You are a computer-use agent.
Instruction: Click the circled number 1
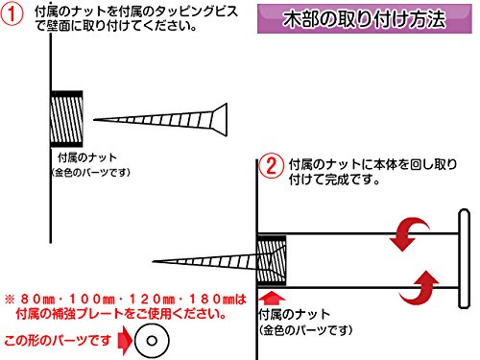(x=12, y=13)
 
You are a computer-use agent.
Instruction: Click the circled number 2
(x=271, y=166)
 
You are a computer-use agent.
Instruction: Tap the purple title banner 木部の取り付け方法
(x=365, y=18)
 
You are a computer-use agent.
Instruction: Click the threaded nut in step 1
(x=66, y=119)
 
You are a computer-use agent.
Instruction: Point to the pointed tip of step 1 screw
(x=94, y=120)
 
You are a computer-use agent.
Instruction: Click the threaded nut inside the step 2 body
(x=272, y=260)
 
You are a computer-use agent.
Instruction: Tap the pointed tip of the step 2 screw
(x=154, y=261)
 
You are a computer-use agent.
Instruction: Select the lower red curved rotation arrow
(x=420, y=288)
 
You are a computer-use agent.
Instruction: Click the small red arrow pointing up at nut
(x=272, y=298)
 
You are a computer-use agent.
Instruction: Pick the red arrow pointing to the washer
(x=125, y=341)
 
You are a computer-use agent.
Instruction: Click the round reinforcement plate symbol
(x=152, y=341)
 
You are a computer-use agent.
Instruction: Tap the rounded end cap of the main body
(x=464, y=258)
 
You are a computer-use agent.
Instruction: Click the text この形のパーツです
(x=58, y=341)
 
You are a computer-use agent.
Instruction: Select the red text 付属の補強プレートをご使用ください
(x=122, y=314)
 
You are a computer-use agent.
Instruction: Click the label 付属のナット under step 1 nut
(x=87, y=157)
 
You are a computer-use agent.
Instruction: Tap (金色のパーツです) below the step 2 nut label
(x=305, y=330)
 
